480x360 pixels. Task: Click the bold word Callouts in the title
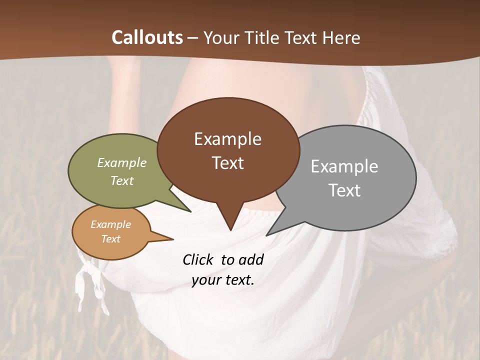point(147,37)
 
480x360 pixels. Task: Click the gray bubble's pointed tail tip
point(267,235)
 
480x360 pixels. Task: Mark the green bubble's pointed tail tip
point(190,211)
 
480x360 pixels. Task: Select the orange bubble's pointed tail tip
point(173,239)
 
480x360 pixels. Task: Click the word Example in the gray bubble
point(344,166)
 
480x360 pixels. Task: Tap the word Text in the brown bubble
point(228,163)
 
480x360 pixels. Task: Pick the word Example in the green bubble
point(122,162)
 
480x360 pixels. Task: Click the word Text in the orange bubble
point(111,239)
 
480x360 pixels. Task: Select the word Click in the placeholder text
point(198,259)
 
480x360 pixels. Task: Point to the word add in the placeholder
point(251,259)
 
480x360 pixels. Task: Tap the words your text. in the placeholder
point(223,279)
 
